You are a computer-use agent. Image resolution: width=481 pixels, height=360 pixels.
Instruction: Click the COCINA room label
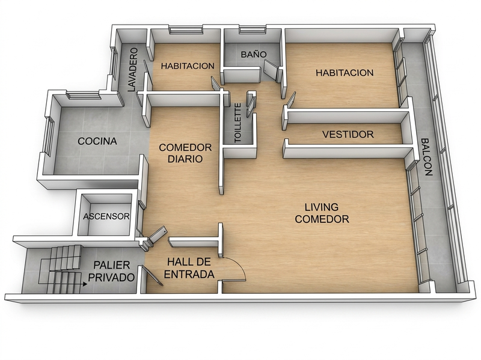pyautogui.click(x=97, y=141)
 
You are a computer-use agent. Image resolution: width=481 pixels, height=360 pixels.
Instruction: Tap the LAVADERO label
pyautogui.click(x=132, y=70)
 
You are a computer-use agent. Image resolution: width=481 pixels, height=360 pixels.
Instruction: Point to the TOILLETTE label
pyautogui.click(x=237, y=123)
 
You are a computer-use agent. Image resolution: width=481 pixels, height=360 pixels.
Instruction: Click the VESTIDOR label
pyautogui.click(x=348, y=134)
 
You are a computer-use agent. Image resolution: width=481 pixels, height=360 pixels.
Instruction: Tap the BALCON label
pyautogui.click(x=426, y=157)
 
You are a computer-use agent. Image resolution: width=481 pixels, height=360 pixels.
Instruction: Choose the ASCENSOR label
pyautogui.click(x=106, y=216)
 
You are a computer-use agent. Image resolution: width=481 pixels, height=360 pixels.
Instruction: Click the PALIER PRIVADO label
pyautogui.click(x=111, y=271)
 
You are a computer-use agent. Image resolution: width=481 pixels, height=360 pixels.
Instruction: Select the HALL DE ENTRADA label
pyautogui.click(x=189, y=267)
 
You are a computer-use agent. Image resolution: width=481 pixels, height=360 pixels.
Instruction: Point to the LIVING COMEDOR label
pyautogui.click(x=322, y=213)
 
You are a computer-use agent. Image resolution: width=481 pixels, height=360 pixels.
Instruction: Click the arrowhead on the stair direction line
pyautogui.click(x=84, y=284)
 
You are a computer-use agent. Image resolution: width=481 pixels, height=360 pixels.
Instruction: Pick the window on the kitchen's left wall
pyautogui.click(x=49, y=137)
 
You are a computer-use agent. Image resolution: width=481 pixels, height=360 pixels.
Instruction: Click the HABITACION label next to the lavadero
pyautogui.click(x=188, y=66)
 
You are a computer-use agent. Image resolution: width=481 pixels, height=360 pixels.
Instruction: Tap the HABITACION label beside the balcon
pyautogui.click(x=345, y=73)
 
